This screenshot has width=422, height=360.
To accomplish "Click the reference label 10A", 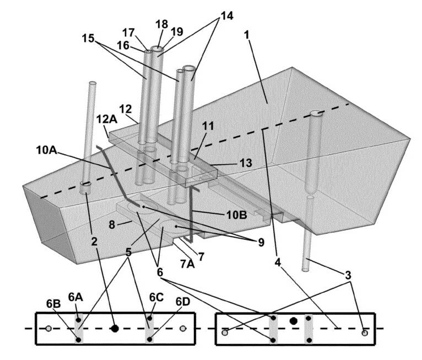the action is tap(47, 151).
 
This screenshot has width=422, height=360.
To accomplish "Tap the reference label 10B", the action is tap(236, 215).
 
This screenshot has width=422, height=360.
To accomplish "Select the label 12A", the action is tap(107, 119).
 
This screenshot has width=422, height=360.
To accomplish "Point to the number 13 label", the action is tap(246, 163).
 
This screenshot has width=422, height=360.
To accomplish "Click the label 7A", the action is tap(187, 264).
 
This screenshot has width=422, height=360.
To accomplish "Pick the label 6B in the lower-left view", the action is tap(53, 304).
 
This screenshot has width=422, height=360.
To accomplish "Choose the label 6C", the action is tap(156, 297).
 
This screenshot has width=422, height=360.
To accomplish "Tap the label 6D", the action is tap(183, 302).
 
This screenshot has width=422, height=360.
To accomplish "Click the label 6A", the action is tap(75, 297).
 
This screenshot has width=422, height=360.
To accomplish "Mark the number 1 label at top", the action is tap(247, 35).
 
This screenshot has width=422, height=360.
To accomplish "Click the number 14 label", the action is tap(226, 15).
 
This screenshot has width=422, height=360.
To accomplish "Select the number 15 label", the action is tap(88, 38).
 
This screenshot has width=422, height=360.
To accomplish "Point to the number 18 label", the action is tap(161, 24).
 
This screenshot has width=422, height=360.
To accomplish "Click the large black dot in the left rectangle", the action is tap(115, 329).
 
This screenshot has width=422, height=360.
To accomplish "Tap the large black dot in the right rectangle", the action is tap(293, 321).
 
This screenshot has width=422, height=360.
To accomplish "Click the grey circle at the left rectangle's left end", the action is tap(48, 329).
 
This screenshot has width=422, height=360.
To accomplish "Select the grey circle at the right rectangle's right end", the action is tap(365, 333).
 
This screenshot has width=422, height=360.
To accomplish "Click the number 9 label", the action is tap(261, 243).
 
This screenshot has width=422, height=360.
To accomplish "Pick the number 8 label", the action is tap(112, 224).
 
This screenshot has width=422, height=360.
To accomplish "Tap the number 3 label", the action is tap(348, 275).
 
